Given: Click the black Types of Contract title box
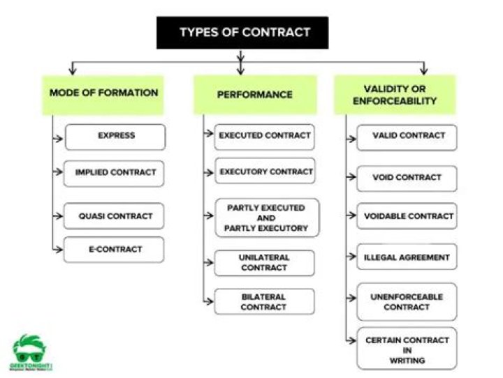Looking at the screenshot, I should (242, 33).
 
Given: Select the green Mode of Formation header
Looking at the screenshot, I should (103, 94).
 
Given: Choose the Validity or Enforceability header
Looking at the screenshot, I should (394, 95).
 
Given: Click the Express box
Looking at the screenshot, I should (115, 137).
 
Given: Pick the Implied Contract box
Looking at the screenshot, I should (115, 173).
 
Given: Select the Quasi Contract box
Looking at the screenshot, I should (115, 216).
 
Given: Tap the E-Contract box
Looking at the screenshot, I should (115, 250).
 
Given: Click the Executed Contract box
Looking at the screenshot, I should (264, 137).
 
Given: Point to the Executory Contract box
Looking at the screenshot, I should (264, 172).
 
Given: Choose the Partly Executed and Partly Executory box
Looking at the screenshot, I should (266, 218).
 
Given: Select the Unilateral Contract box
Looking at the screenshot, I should (264, 263).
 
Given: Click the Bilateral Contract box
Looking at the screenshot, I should (264, 302).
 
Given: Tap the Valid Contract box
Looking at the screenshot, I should (407, 137).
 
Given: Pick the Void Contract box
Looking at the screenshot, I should (407, 178).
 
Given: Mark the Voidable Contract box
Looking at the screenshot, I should (407, 216).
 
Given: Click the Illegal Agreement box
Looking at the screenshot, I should (407, 257).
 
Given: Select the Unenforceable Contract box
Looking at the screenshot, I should (407, 302).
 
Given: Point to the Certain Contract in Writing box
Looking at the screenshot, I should (407, 349).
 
